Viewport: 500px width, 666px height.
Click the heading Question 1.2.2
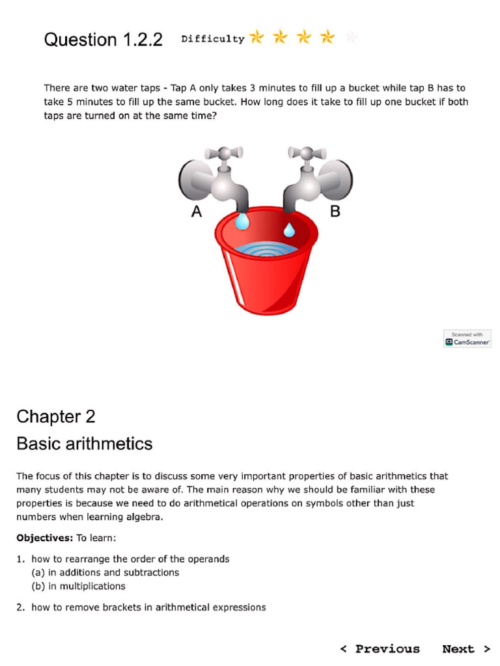[x=103, y=40]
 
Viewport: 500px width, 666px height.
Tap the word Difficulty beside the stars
[x=212, y=39]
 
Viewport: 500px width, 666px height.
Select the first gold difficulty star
[x=257, y=37]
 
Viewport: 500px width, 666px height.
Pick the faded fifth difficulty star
[x=351, y=37]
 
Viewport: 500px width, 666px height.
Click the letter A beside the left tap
[x=197, y=211]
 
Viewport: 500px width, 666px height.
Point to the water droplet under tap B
[x=288, y=229]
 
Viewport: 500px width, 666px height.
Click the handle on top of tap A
[x=223, y=153]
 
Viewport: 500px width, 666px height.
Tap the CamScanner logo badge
[x=467, y=339]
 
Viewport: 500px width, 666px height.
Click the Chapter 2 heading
[x=56, y=416]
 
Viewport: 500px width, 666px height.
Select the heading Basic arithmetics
[x=85, y=444]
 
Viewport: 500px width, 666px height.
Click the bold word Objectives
[x=44, y=538]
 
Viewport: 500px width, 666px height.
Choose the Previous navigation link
[x=380, y=648]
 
